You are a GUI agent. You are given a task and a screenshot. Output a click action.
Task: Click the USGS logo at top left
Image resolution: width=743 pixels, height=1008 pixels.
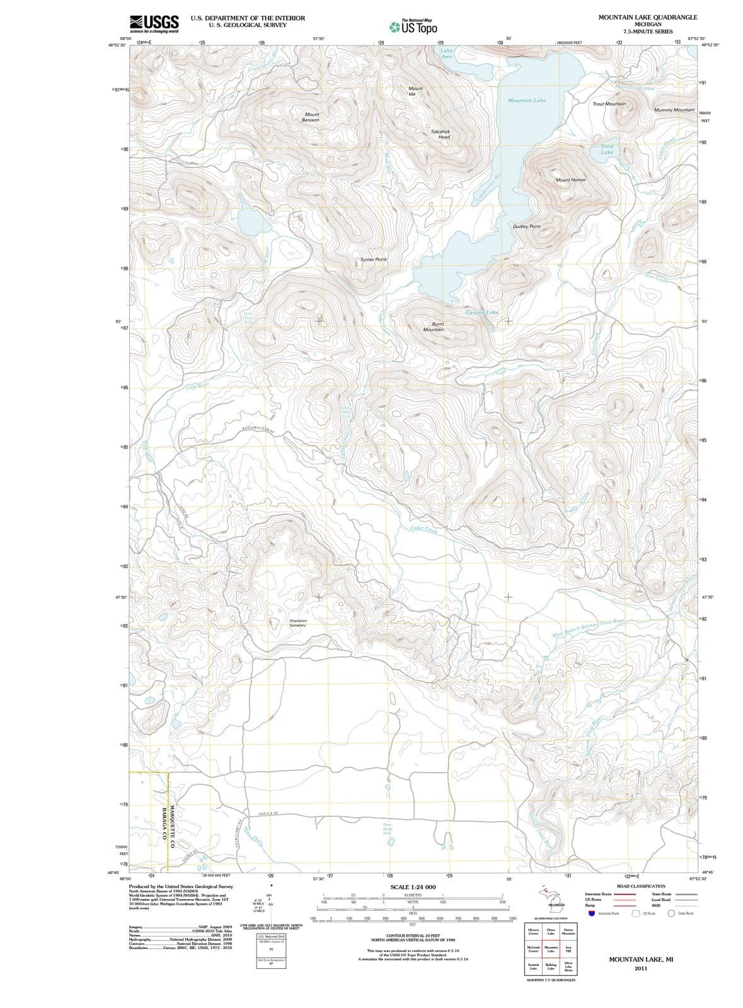pos(154,23)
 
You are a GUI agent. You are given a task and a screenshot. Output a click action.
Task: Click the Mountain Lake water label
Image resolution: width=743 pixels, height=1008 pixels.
pos(527,100)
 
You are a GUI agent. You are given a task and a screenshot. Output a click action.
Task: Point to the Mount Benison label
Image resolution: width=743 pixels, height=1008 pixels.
pos(311,117)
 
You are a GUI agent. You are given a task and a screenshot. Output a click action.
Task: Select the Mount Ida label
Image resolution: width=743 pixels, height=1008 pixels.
pos(415,91)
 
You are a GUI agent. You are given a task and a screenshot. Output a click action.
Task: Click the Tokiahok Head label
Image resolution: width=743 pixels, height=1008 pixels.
pos(440,134)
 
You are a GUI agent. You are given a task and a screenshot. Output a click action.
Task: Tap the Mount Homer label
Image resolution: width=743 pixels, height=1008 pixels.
pos(570,180)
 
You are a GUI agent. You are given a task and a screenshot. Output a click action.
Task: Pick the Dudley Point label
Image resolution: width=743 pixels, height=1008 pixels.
pos(526,226)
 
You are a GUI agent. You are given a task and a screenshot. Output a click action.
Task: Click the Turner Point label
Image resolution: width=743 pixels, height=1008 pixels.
pos(373,260)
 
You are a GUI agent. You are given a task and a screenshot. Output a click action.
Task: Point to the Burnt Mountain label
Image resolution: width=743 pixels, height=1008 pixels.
pos(434,326)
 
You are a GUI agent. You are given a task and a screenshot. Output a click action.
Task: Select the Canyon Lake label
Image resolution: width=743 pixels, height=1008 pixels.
pos(482,312)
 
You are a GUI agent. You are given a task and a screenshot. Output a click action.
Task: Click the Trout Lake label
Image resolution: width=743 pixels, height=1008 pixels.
pos(606,149)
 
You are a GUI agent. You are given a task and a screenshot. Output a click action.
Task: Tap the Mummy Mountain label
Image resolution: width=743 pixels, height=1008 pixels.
pos(674,110)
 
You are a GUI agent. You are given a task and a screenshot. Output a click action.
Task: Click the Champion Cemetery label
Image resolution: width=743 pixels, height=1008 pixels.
pos(297,622)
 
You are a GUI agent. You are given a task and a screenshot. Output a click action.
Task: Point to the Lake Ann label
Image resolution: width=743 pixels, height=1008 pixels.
pos(446,54)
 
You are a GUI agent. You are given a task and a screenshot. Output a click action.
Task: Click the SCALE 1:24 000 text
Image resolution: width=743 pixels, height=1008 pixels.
pos(413,887)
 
